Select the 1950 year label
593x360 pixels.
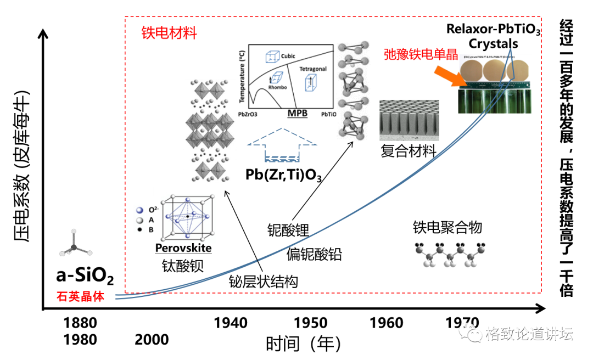click(311, 323)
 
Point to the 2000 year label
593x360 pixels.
click(152, 340)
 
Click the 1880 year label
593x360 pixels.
click(80, 323)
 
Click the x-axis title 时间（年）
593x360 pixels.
click(303, 344)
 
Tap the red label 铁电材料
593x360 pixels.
click(169, 33)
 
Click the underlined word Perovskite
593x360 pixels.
click(183, 249)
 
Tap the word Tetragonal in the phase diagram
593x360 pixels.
click(313, 70)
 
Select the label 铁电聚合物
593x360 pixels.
click(447, 227)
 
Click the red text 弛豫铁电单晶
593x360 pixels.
click(421, 54)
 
